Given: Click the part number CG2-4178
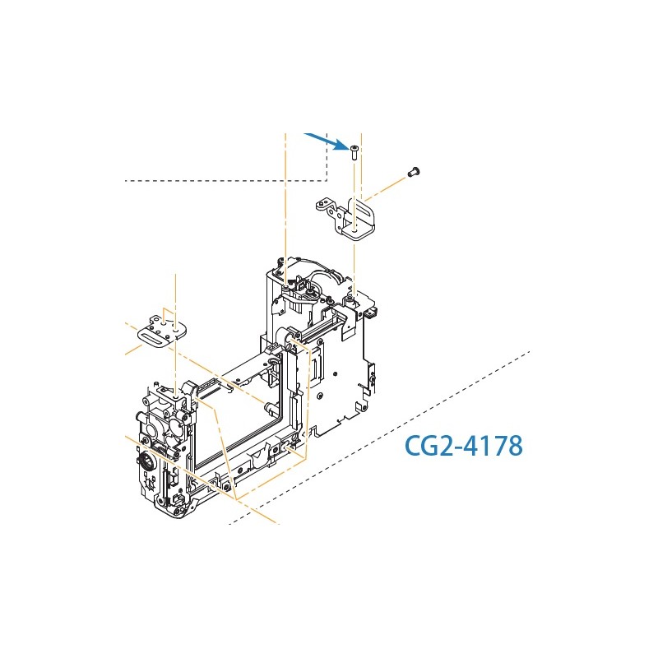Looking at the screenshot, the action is [x=464, y=445].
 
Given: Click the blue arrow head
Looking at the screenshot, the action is [x=342, y=145].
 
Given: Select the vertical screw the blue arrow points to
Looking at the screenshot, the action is [x=354, y=151].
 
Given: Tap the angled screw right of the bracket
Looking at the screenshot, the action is [x=414, y=171].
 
